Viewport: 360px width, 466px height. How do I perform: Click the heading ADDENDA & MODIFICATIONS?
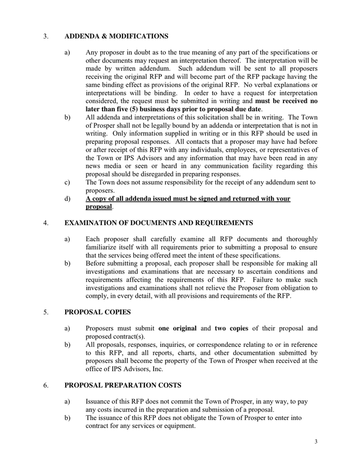point(116,36)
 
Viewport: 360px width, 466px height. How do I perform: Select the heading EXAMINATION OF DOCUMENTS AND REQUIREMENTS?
point(158,223)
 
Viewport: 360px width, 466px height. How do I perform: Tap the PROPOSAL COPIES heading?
point(97,312)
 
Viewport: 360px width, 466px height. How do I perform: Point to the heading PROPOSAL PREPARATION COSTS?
point(123,386)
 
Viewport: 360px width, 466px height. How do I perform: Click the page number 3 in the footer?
point(316,442)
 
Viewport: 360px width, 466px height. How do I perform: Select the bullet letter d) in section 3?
point(68,199)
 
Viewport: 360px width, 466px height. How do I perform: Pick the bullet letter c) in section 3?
point(68,182)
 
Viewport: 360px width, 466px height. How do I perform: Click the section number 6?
point(46,386)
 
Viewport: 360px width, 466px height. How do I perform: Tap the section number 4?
point(46,223)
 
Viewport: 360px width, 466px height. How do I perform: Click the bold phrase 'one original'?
point(177,328)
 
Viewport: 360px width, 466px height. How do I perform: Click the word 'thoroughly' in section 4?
point(299,239)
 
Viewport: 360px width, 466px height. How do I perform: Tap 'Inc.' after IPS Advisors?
point(156,369)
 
